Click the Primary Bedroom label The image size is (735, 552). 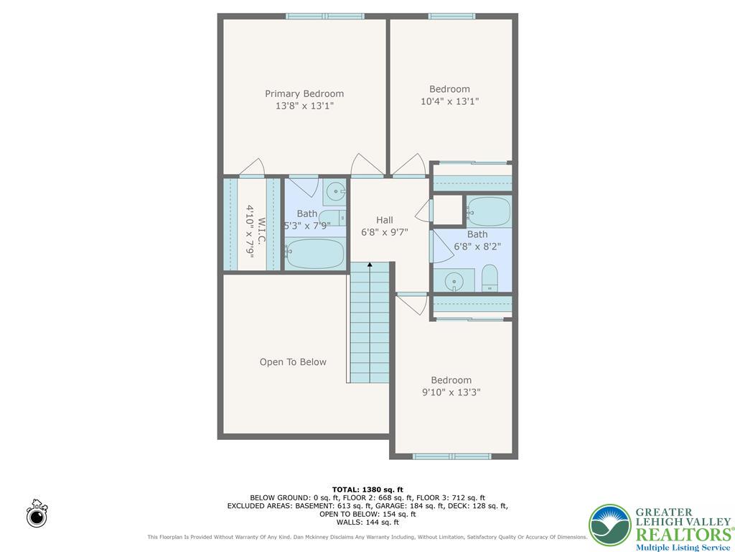(304, 93)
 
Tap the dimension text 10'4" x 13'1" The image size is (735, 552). (449, 101)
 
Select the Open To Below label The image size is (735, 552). (293, 362)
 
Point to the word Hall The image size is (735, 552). (385, 220)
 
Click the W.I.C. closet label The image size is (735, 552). (262, 231)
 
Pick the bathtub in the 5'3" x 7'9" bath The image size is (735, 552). (316, 253)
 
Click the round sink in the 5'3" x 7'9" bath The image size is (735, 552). (335, 191)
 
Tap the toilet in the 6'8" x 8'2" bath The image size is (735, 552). (490, 278)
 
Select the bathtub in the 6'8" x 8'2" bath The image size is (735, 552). (489, 211)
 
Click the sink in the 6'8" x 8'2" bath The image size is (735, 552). (454, 280)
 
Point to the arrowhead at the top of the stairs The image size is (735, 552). (370, 266)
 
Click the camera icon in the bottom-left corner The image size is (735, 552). (37, 514)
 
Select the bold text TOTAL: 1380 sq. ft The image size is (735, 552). (367, 489)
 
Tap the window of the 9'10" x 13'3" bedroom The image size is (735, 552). (451, 456)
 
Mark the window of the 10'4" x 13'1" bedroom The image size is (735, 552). (451, 16)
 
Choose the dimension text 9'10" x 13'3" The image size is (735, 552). (451, 392)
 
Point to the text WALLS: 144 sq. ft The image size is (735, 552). (367, 523)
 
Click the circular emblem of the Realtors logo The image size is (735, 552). (610, 525)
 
